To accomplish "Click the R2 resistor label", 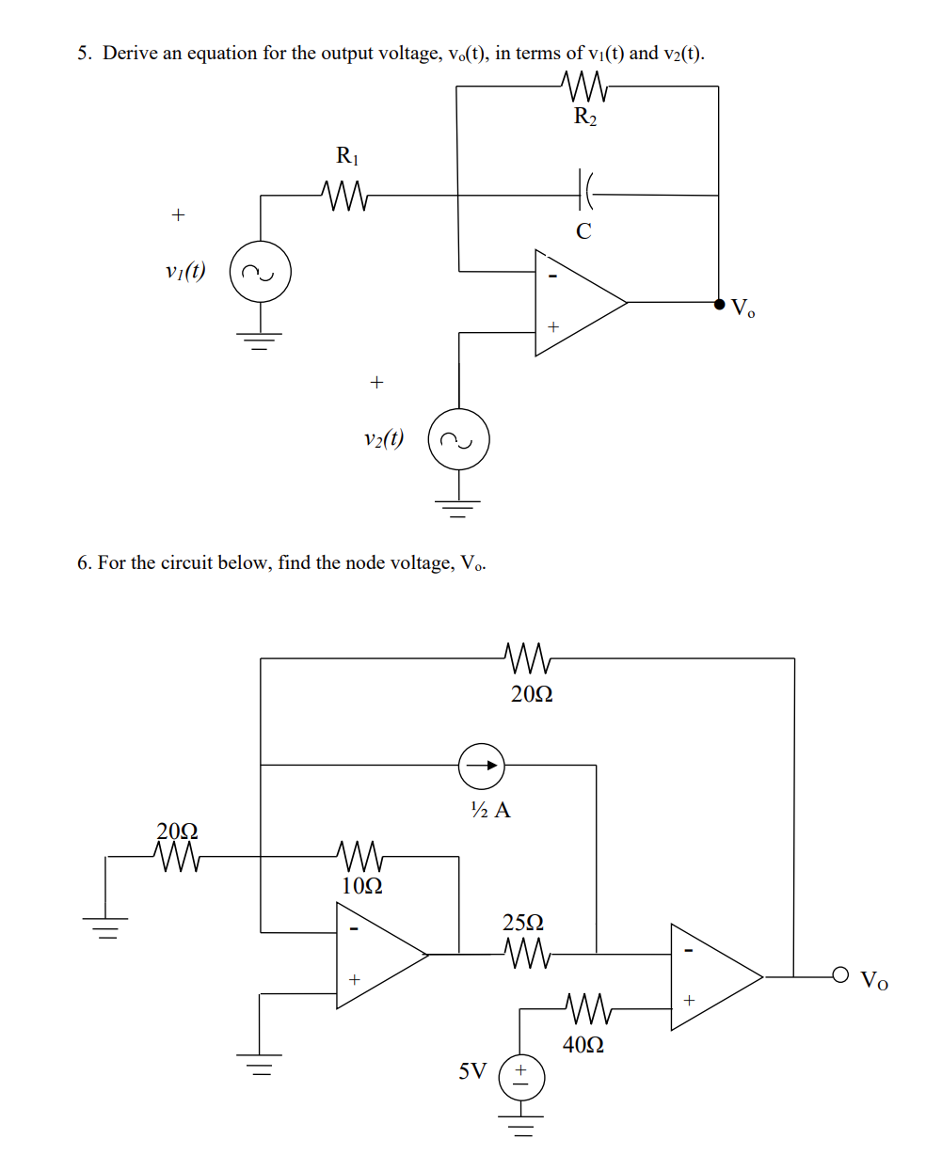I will click(584, 118).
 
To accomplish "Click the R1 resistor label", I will click(347, 155).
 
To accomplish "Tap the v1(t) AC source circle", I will click(261, 273).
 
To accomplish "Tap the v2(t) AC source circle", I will click(459, 439).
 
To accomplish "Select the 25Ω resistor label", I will click(523, 922).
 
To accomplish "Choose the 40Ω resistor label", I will click(583, 1044).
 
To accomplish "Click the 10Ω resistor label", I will click(361, 885).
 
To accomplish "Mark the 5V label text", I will click(472, 1071).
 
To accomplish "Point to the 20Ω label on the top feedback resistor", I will click(532, 694).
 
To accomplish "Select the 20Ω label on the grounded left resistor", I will click(177, 831).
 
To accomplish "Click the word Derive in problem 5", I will click(128, 54).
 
